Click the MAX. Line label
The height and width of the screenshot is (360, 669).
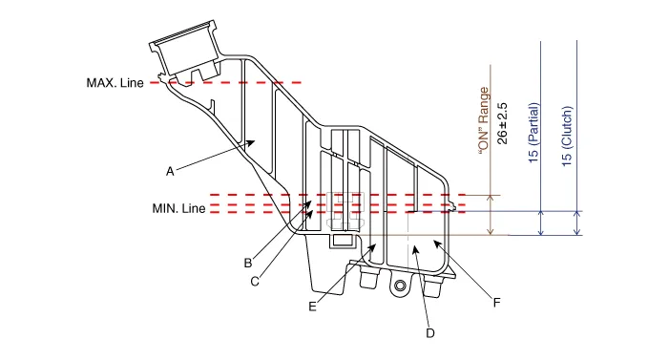coord(115,82)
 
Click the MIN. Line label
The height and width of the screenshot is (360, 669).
coord(178,208)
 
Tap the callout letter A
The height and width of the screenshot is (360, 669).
coord(170,172)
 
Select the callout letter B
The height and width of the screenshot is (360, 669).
coord(248,263)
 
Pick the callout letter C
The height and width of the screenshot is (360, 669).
coord(255,282)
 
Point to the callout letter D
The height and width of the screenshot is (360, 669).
coord(430,333)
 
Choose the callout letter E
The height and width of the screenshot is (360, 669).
coord(312,307)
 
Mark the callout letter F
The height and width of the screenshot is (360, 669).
coord(496,303)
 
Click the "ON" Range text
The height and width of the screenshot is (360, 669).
coord(484,120)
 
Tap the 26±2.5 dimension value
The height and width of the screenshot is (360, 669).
coord(503,123)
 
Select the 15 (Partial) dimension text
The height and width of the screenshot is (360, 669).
coord(533,133)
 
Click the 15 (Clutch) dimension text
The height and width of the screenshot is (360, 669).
coord(566,137)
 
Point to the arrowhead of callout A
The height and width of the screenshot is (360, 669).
coord(252,142)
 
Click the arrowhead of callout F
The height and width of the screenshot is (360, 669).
coord(437,244)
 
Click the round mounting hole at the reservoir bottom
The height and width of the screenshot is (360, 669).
coord(400,285)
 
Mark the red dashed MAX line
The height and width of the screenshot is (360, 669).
coord(226,82)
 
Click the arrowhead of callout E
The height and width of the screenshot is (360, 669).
coord(372,247)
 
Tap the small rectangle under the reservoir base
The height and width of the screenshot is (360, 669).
coord(344,240)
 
